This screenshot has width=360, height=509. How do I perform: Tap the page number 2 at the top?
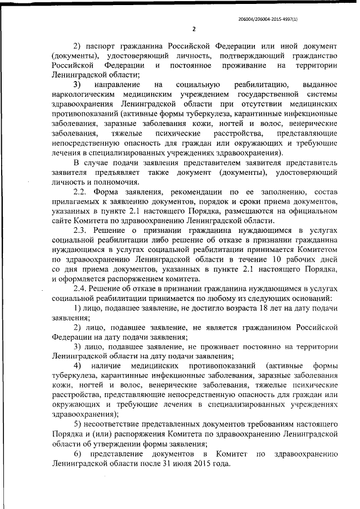tap(193, 29)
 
